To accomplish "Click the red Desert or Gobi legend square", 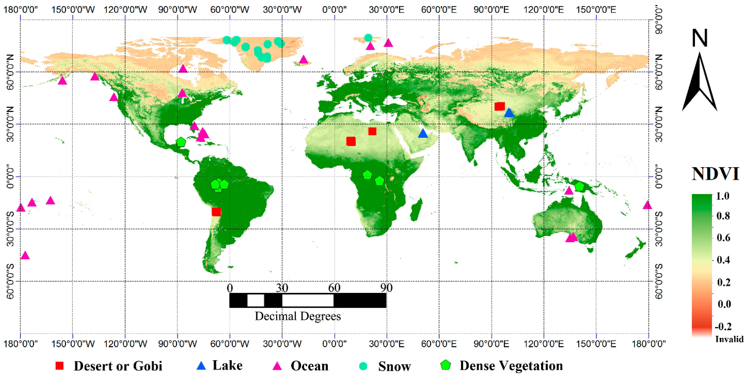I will click(x=60, y=366).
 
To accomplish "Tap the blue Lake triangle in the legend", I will click(x=201, y=366).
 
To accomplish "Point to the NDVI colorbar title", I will click(x=715, y=174).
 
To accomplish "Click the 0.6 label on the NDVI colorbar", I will click(x=723, y=238).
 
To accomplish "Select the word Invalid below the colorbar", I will click(x=729, y=339).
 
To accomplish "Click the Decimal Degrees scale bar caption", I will click(x=298, y=316).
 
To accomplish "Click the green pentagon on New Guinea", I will click(x=579, y=187).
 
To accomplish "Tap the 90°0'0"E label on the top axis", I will click(x=491, y=9).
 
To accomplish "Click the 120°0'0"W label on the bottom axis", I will click(x=125, y=344).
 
